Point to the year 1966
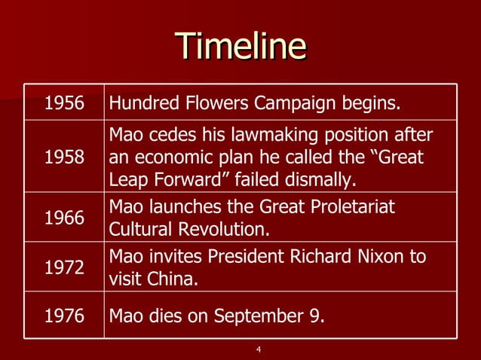point(65,218)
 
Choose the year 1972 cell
point(65,268)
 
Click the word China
point(176,279)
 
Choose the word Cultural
point(139,228)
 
